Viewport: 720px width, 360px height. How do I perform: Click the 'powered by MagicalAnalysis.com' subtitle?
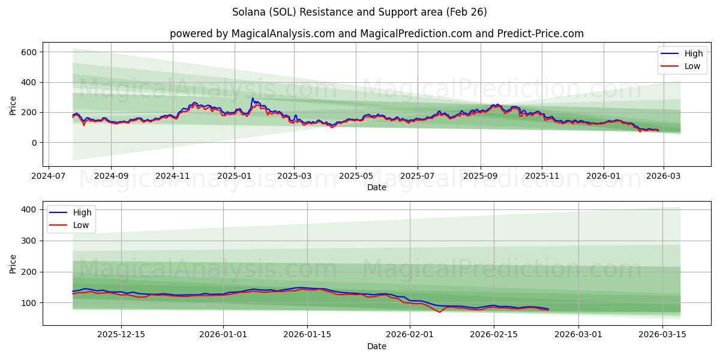pos(376,34)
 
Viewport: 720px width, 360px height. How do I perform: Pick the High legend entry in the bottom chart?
pos(82,212)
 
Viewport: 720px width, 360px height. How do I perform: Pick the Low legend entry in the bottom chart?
pos(81,225)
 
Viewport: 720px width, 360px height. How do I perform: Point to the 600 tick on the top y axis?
pos(29,52)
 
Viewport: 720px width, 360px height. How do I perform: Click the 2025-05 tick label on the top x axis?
pos(356,177)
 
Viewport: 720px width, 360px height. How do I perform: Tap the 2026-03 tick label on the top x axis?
pos(664,177)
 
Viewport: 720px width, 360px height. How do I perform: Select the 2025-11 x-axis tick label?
pos(542,177)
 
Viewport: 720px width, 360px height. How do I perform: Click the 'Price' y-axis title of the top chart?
pos(13,104)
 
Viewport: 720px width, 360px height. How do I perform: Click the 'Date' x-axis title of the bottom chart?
pos(376,347)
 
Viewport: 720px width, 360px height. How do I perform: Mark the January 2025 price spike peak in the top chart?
pos(253,98)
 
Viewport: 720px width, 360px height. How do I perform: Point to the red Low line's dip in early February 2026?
pos(439,312)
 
